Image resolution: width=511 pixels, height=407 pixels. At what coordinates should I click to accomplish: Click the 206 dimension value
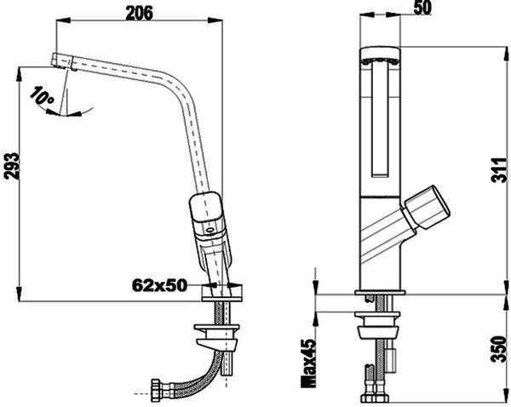point(139,13)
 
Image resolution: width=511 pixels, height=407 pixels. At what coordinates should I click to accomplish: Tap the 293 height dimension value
point(12,166)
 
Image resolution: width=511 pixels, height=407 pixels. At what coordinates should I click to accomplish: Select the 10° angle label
point(42,96)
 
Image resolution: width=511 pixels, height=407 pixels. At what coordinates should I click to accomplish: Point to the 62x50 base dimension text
point(160,285)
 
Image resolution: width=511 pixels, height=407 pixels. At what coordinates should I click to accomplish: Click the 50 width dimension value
point(422,8)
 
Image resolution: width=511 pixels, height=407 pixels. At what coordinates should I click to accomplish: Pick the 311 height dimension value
point(500,170)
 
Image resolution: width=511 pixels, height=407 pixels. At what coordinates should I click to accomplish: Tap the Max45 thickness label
point(308,363)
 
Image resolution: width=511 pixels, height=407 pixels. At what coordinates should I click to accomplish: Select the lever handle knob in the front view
point(428,207)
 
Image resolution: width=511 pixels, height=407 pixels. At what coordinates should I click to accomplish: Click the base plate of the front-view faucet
point(380,292)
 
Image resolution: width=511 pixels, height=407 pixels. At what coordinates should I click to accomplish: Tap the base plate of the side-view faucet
point(222,299)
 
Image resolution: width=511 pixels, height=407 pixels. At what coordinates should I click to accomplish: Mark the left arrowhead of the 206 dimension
point(64,20)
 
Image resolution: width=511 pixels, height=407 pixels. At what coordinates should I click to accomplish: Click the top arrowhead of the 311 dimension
point(506,54)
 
